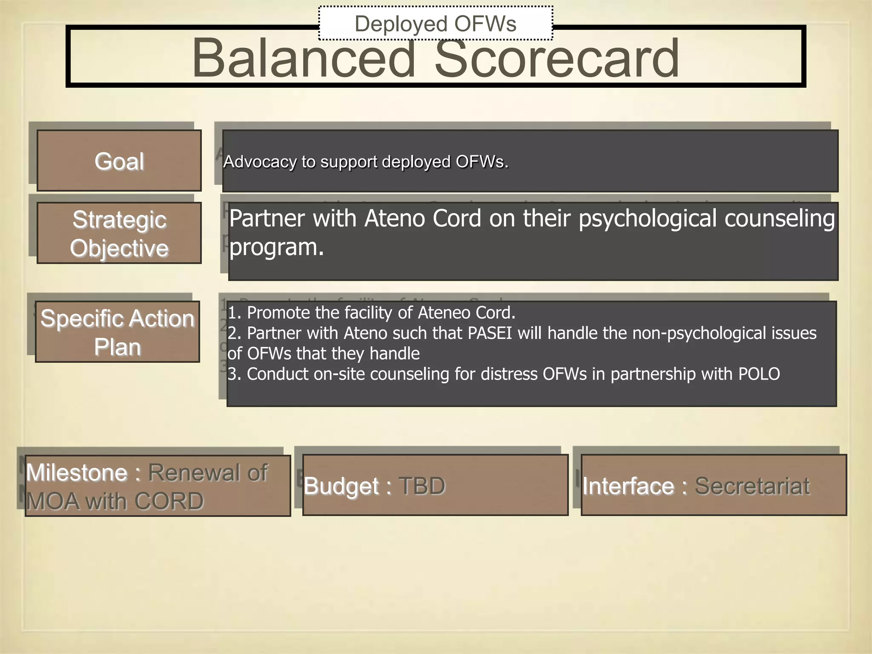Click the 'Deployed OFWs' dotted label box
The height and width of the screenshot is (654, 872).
435,23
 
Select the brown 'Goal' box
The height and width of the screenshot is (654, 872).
119,161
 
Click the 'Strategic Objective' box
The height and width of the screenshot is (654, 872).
119,233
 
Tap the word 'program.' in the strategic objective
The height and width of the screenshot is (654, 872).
277,247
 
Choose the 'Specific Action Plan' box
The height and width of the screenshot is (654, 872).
118,332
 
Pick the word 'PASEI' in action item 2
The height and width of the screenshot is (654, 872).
490,333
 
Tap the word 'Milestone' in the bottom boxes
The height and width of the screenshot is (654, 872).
77,473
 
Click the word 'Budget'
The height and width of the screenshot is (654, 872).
341,486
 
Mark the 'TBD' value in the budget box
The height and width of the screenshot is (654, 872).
422,486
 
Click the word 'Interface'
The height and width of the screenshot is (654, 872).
628,486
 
